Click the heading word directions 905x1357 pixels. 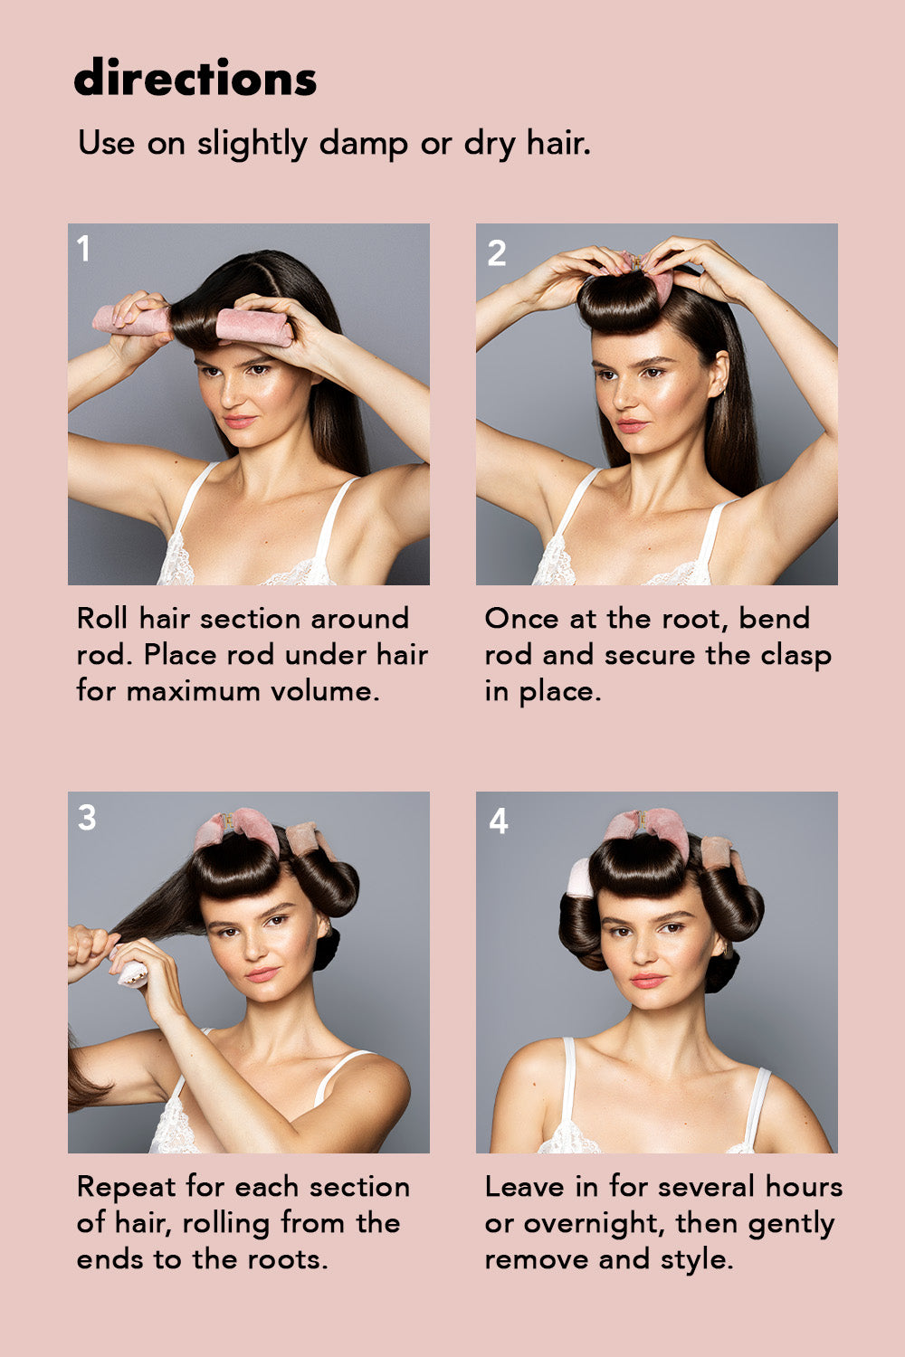[x=195, y=78]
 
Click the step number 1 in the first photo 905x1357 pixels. [x=84, y=249]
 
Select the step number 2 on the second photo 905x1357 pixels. [x=496, y=253]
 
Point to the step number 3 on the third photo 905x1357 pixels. [x=87, y=818]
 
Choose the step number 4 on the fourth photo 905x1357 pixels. [x=498, y=821]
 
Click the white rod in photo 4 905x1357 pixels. [x=578, y=878]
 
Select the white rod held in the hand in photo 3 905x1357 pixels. [x=132, y=973]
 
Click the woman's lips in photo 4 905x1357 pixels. [x=648, y=981]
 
